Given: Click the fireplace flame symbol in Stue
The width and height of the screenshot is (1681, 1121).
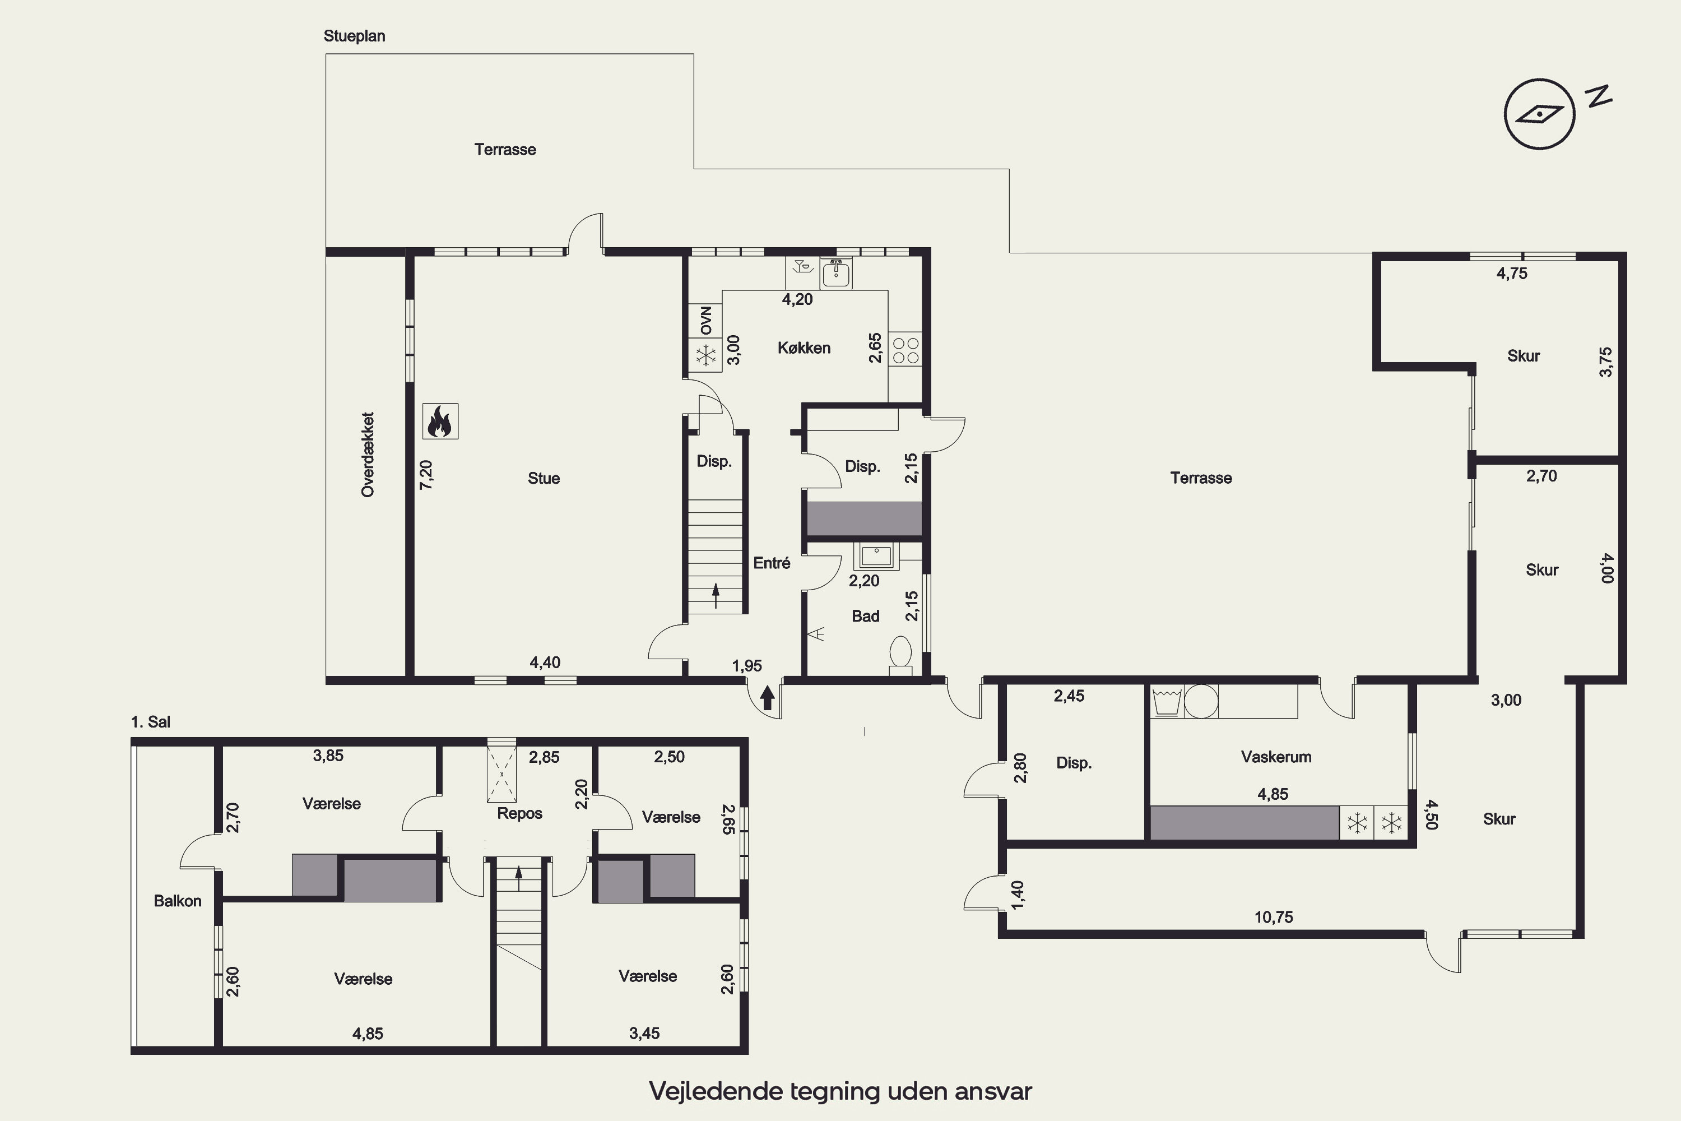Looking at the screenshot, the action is (440, 421).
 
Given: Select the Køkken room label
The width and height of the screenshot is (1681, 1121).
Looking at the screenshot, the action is (804, 348).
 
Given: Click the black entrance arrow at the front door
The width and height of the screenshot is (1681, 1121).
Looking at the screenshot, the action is (767, 697).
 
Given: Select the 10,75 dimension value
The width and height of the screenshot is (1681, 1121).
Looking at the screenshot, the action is (1274, 917).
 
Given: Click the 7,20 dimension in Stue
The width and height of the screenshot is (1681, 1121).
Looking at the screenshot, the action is (426, 475).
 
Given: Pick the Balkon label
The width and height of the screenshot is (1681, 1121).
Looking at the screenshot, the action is (177, 901).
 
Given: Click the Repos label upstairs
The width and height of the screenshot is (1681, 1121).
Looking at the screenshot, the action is (519, 814).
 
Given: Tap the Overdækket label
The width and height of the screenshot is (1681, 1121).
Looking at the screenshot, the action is (368, 455).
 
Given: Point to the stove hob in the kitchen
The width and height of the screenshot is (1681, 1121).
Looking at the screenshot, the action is (905, 350).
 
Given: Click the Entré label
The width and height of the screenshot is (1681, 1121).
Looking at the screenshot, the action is (772, 563).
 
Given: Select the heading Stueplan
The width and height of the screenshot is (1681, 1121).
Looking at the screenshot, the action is (355, 36).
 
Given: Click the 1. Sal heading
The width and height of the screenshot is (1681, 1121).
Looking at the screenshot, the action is (151, 722).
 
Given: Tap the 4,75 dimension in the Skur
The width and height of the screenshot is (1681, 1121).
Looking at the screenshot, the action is (1512, 273).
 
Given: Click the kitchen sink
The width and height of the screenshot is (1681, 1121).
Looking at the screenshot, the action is (836, 272).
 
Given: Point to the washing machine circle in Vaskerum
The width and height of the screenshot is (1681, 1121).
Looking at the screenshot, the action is (1201, 701).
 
